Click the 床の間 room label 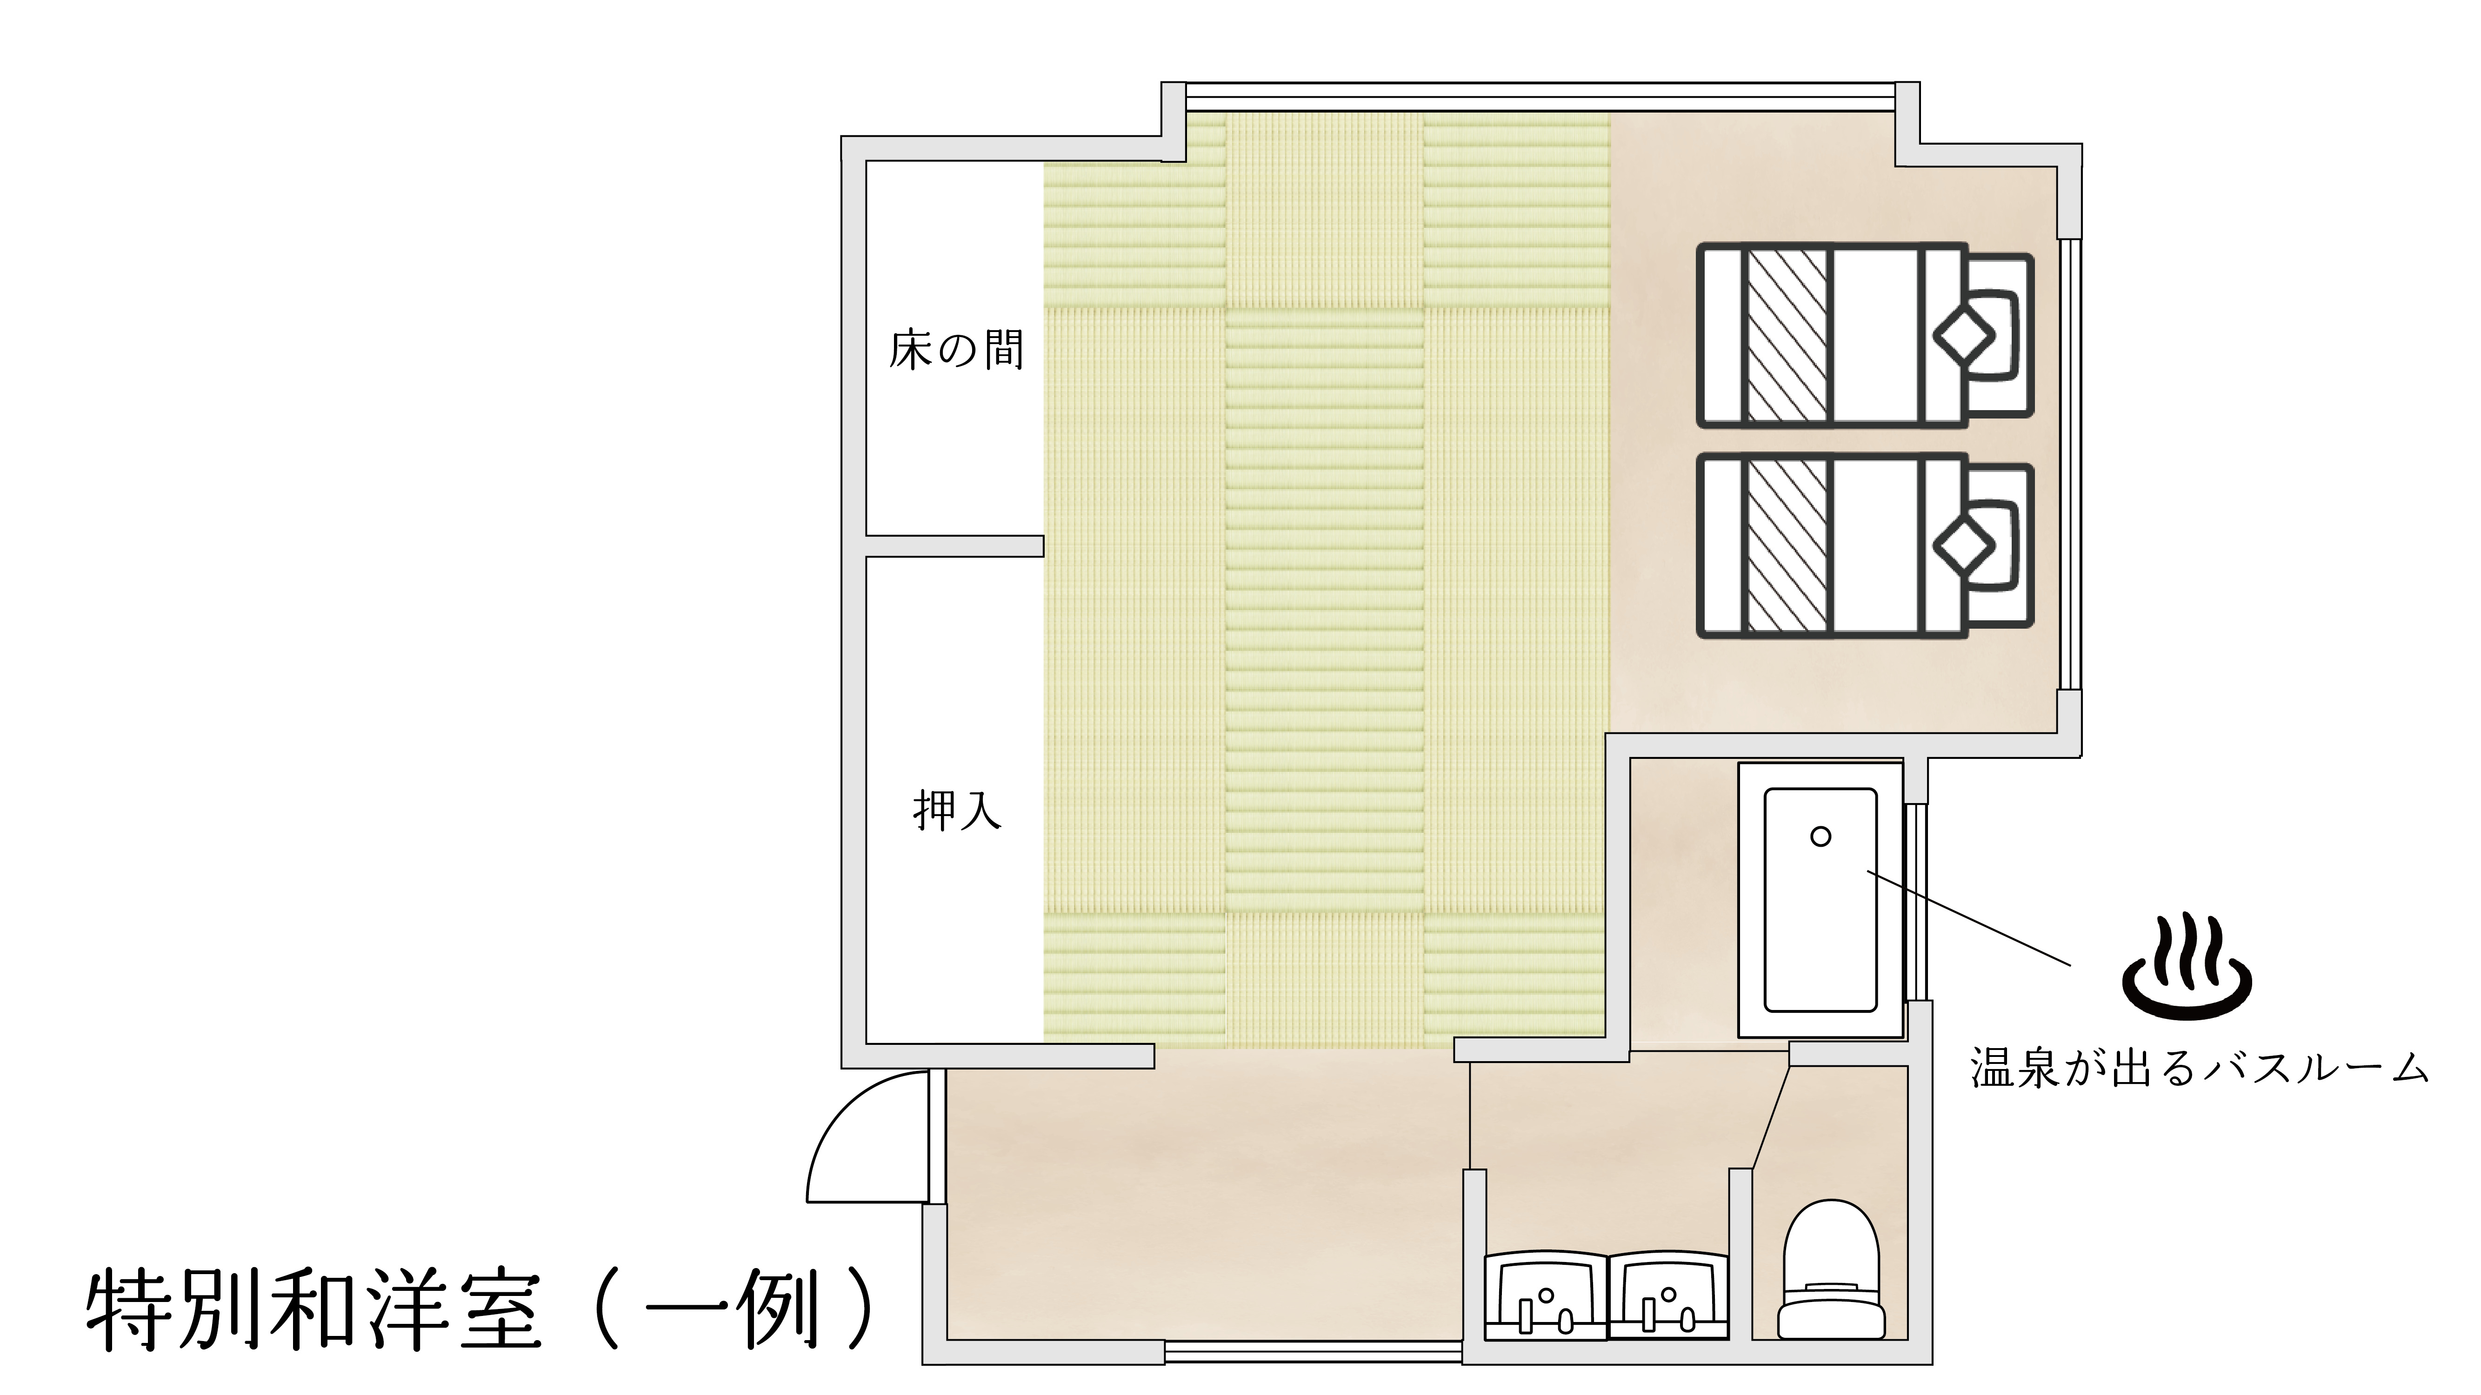pos(955,351)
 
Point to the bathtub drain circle pos(1821,837)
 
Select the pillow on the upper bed pos(1965,337)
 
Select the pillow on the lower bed pos(1965,547)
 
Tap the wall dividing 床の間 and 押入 pos(954,546)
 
